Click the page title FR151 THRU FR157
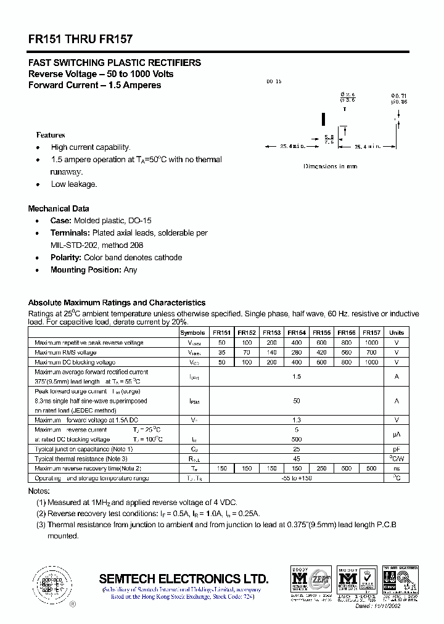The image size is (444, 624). pyautogui.click(x=80, y=39)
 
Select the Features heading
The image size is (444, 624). pyautogui.click(x=51, y=134)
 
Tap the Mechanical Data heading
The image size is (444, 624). pyautogui.click(x=59, y=208)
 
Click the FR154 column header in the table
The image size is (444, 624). pyautogui.click(x=297, y=332)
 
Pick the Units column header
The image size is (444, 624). pyautogui.click(x=397, y=332)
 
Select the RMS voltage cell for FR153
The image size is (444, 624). pyautogui.click(x=272, y=352)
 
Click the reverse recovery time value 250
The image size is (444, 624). pyautogui.click(x=321, y=469)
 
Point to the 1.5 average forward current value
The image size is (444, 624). pyautogui.click(x=297, y=376)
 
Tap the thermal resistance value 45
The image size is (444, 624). pyautogui.click(x=297, y=459)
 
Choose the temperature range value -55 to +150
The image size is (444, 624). pyautogui.click(x=297, y=478)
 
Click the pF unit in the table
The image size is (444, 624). pyautogui.click(x=397, y=449)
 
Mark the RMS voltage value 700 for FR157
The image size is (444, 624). pyautogui.click(x=371, y=352)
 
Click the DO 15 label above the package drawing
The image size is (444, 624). pyautogui.click(x=273, y=82)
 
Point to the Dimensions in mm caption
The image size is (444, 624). pyautogui.click(x=330, y=166)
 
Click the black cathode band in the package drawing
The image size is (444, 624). pyautogui.click(x=323, y=118)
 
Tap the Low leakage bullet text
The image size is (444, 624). pyautogui.click(x=74, y=184)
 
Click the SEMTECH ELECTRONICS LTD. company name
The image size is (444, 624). pyautogui.click(x=184, y=579)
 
